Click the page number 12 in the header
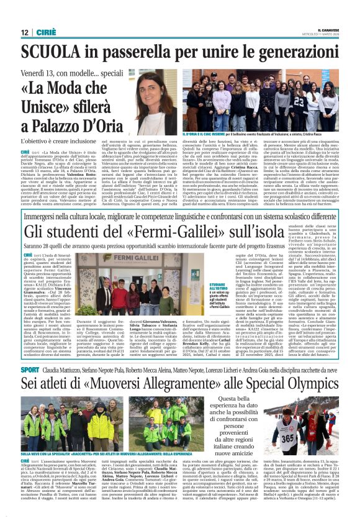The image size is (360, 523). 25,32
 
